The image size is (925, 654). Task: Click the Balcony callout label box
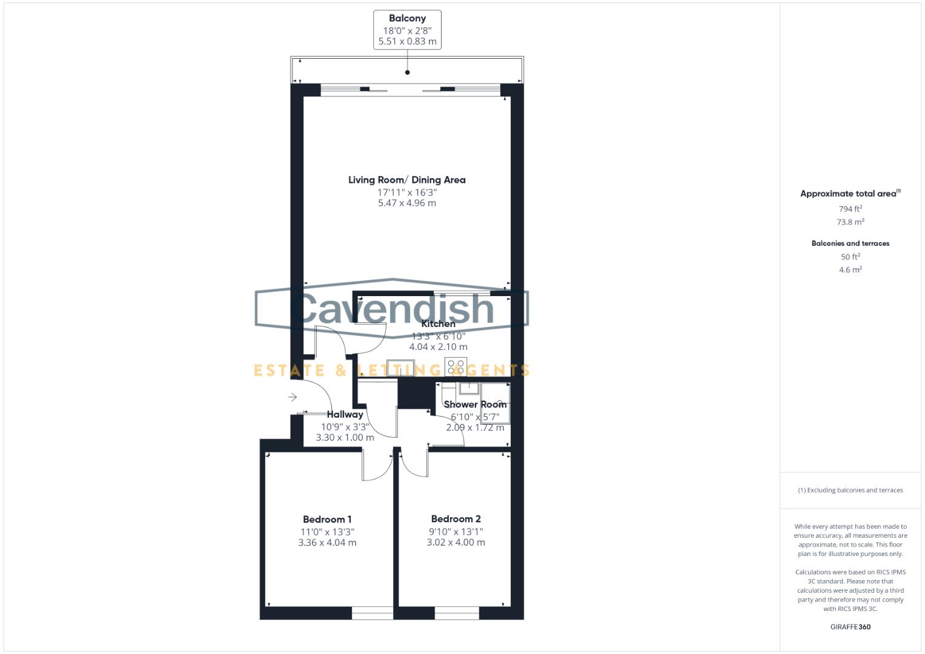click(x=407, y=30)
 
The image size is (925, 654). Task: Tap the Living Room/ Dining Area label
click(x=407, y=180)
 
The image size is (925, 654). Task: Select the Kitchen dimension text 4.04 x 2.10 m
click(x=438, y=347)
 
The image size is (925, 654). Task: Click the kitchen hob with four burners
click(x=455, y=367)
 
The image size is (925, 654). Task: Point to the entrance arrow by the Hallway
click(x=293, y=397)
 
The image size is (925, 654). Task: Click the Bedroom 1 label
click(x=327, y=520)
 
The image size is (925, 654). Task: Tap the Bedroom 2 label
click(x=456, y=519)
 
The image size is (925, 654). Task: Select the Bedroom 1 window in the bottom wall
click(x=373, y=613)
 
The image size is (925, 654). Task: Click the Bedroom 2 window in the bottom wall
click(x=457, y=613)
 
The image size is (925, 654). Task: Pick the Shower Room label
click(x=475, y=405)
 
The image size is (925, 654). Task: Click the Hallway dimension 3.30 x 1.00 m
click(x=345, y=437)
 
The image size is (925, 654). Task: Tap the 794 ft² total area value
click(x=850, y=209)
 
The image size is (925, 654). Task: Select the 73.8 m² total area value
click(x=850, y=222)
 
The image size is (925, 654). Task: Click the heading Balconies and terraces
click(x=850, y=243)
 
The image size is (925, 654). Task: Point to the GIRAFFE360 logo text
click(x=850, y=627)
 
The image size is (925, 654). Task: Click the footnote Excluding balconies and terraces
click(x=850, y=490)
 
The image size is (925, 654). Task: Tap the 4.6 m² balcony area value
click(x=850, y=270)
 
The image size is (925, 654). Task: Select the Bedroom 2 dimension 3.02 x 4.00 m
click(x=456, y=543)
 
